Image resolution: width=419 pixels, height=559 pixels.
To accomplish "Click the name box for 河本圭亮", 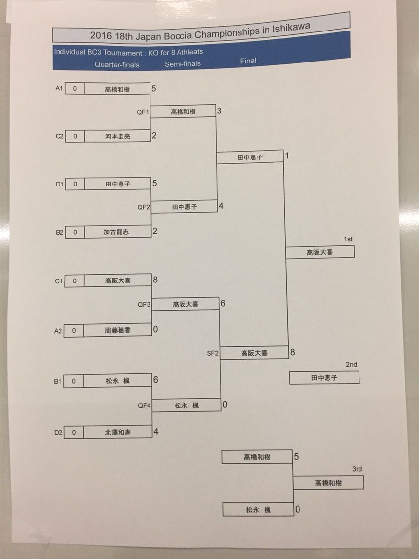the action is (x=117, y=136).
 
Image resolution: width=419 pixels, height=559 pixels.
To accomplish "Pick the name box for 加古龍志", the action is (x=117, y=232).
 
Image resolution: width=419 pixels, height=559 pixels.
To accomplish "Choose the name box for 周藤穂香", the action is (x=117, y=330).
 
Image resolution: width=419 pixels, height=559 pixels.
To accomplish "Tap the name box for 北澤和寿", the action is (x=117, y=433).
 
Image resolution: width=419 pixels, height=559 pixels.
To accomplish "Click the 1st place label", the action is (x=348, y=239).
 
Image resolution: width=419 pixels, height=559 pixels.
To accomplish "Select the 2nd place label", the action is (x=351, y=365).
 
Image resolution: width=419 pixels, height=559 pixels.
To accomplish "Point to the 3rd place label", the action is (x=357, y=469).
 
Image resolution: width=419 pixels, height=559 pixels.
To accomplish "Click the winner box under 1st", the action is (x=320, y=252).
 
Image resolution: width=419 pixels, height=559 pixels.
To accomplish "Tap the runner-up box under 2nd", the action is (x=324, y=378).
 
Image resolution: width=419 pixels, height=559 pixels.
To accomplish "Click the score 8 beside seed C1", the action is (x=155, y=279).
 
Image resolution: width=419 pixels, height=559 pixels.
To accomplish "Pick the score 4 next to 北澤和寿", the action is (x=155, y=432).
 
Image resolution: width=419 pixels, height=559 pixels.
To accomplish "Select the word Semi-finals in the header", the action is (x=182, y=64).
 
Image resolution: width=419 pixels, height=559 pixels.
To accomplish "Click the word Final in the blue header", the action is (x=248, y=61).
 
